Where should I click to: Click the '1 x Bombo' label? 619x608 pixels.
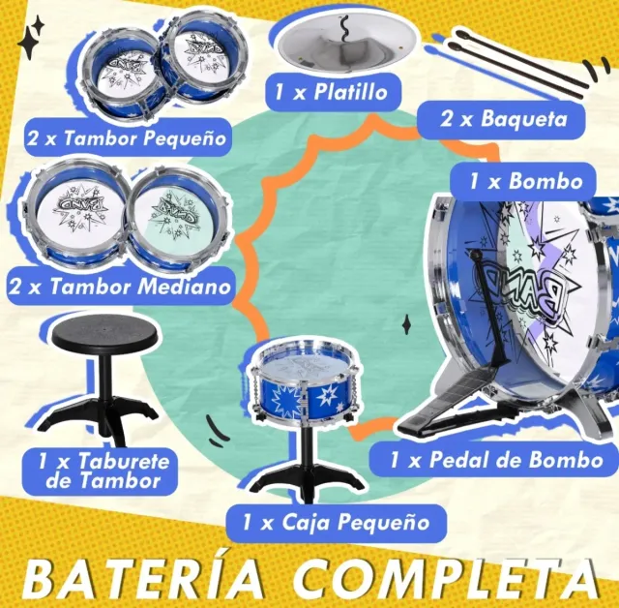[x=526, y=181]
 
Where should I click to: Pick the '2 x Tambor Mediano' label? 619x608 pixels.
[x=120, y=287]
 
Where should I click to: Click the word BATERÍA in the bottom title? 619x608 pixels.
[x=145, y=577]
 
